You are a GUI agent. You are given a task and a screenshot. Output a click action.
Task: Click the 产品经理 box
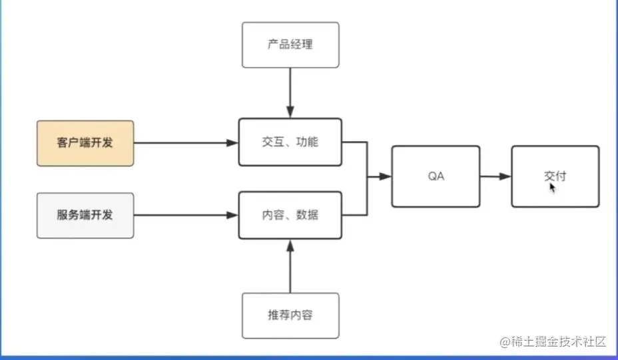coord(290,45)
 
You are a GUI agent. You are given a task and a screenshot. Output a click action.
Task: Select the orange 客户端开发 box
coord(86,143)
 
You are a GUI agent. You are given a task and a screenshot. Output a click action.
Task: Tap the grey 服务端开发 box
coord(86,216)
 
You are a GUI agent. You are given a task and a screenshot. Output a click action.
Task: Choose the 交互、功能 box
coord(290,142)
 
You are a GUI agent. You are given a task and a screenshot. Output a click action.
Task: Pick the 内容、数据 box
coord(290,215)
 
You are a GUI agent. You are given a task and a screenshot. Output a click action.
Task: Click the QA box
coord(436,176)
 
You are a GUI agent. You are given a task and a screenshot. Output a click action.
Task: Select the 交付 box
coord(555,176)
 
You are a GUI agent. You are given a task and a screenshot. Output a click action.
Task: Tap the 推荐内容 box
coord(290,315)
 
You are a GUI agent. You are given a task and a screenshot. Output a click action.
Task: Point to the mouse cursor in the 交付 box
coord(552,188)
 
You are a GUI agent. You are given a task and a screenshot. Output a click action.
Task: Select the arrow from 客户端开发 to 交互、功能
coord(186,143)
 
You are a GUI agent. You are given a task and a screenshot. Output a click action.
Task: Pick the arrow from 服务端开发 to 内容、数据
coord(186,215)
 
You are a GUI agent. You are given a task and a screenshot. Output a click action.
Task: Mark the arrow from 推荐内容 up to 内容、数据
coord(290,266)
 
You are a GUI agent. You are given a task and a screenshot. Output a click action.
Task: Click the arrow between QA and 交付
coord(495,176)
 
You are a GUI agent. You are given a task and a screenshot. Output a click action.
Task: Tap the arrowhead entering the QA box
coord(386,176)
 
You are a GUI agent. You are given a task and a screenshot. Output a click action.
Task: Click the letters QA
coord(436,176)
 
